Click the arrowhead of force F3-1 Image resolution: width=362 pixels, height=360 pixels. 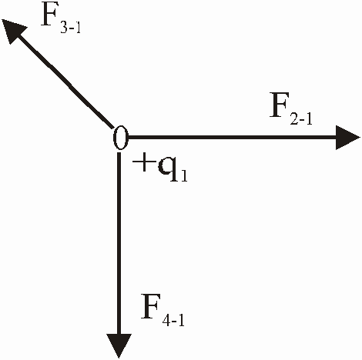(12, 29)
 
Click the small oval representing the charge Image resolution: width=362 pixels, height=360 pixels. (120, 138)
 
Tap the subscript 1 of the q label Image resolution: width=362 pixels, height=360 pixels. (184, 176)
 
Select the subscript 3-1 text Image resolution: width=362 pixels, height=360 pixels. (71, 27)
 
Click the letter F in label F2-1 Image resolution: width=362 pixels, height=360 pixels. (280, 107)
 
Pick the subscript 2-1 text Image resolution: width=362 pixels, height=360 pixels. (301, 118)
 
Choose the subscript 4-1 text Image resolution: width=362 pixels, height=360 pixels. (173, 320)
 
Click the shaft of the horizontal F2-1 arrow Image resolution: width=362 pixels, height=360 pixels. (232, 138)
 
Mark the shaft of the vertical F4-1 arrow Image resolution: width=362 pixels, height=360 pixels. (119, 243)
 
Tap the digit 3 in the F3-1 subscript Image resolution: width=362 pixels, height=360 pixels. (64, 27)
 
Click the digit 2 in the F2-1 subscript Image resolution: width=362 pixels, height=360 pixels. (294, 118)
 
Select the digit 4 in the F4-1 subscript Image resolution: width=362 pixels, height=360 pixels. (166, 320)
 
